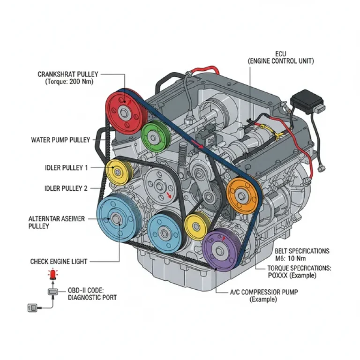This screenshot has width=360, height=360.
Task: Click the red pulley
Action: pos(124,112)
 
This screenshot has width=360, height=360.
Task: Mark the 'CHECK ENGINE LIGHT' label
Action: pos(59,262)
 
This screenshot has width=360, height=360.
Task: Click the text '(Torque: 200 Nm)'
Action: pos(69,82)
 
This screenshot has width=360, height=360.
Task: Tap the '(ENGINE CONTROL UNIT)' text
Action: pos(281,61)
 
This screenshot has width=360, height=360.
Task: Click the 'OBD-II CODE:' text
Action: pos(86,291)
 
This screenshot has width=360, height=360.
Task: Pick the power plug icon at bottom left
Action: pos(33,308)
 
